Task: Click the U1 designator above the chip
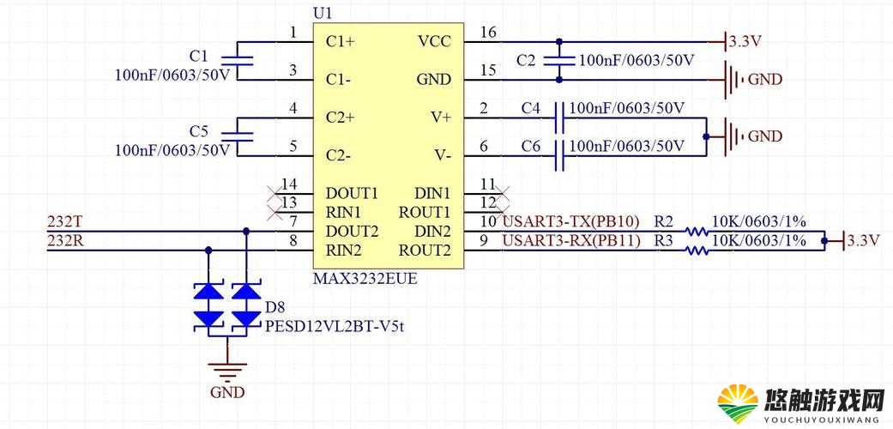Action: coord(323,13)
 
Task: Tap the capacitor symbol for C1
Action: coord(237,60)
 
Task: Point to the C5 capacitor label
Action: coord(199,132)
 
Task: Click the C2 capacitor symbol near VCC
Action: coord(558,60)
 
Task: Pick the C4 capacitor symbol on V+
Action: coord(558,118)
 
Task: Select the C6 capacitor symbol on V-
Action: coord(558,155)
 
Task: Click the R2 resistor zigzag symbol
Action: coord(697,232)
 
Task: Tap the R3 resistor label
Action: coord(663,241)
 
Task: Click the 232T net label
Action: coord(64,221)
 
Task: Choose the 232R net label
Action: coord(65,240)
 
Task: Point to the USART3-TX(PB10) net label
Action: coord(570,221)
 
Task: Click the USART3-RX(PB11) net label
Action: coord(570,241)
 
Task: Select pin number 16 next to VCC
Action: coord(487,32)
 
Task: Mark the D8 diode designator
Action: coord(275,308)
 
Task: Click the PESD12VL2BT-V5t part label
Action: coord(335,326)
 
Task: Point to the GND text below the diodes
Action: coord(227,393)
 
